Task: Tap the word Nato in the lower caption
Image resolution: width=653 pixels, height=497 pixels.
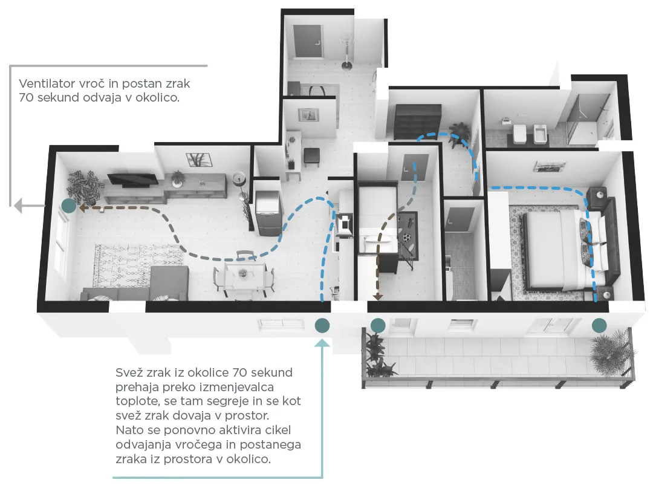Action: click(128, 430)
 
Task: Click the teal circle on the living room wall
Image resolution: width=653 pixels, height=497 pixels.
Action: click(69, 206)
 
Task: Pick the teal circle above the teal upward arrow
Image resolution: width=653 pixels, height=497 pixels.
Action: click(322, 325)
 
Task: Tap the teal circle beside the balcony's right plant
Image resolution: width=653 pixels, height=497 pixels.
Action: click(599, 325)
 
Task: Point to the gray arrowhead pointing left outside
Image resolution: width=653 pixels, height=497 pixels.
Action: click(18, 206)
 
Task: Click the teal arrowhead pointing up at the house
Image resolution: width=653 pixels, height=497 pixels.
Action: click(322, 343)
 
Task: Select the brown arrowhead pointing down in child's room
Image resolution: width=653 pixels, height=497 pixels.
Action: click(378, 297)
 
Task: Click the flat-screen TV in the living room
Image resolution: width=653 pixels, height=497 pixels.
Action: click(133, 179)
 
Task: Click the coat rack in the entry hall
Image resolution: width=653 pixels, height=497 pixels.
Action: click(347, 53)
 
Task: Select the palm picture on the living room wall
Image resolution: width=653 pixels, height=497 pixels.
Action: click(199, 160)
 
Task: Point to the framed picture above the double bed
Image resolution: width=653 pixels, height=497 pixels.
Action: click(549, 167)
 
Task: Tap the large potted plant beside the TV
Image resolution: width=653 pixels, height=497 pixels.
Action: click(86, 188)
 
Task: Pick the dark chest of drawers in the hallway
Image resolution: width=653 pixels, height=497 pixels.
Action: click(417, 122)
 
